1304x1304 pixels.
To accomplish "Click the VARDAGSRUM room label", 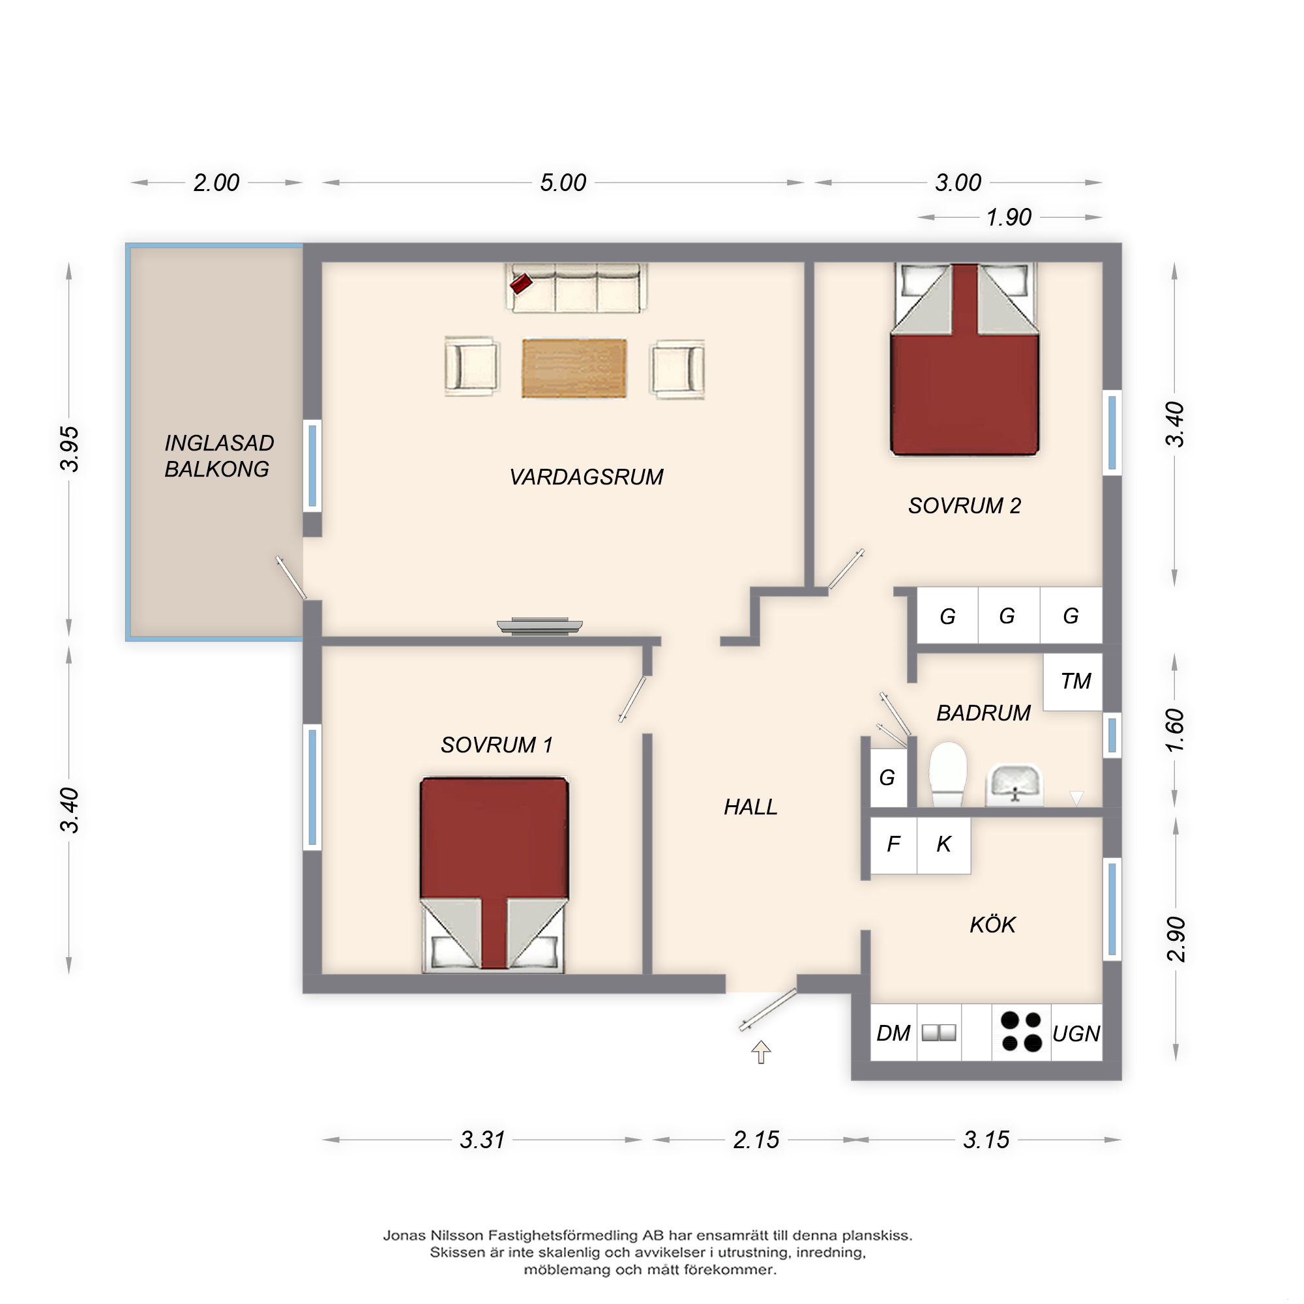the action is point(586,477).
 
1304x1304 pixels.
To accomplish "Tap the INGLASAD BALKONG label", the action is point(218,456).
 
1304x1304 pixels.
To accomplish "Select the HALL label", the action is point(750,807).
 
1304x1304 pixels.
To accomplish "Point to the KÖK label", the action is point(992,924).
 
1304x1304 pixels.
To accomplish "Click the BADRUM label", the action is point(983,713).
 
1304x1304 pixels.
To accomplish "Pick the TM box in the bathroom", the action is point(1073,681).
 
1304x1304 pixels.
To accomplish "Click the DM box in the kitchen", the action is point(893,1033).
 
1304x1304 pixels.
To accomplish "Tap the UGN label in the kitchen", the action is point(1076,1033).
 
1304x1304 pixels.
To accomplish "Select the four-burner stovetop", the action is point(1021,1032).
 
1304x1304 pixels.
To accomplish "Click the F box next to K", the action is point(894,845).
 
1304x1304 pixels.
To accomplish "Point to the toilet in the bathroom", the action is point(947,774).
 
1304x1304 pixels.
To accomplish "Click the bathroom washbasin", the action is point(1015,785).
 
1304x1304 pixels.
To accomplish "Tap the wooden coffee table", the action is point(574,368).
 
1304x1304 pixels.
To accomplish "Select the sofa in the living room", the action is point(576,288).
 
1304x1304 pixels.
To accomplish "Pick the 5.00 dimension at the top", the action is point(563,183).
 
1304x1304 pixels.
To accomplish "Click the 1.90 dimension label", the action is point(1009,217).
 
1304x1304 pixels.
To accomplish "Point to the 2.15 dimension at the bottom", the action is point(756,1140).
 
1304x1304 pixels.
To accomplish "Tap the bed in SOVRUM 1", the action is point(494,876).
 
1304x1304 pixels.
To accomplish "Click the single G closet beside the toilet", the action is point(888,778).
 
